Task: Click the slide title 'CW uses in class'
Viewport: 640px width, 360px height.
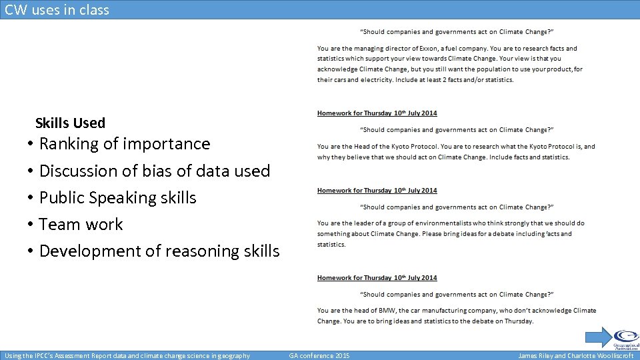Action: coord(57,10)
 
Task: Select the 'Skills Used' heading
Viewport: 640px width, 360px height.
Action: coord(70,123)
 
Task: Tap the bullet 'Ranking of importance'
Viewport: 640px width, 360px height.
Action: coord(125,144)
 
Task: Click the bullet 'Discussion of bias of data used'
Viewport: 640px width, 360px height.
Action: coord(155,171)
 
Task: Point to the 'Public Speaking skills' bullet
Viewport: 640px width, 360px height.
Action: coord(118,198)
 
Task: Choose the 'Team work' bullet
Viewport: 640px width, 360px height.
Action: coord(81,225)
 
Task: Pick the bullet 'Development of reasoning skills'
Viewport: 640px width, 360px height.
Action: coord(159,251)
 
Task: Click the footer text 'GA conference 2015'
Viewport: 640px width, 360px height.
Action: coord(319,356)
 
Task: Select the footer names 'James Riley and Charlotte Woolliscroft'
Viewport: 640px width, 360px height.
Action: coord(576,356)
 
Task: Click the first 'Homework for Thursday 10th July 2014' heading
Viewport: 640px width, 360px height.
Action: coord(377,113)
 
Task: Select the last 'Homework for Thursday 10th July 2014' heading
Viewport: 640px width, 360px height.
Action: coord(377,278)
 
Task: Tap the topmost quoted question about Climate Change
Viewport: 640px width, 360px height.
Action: coord(457,31)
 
